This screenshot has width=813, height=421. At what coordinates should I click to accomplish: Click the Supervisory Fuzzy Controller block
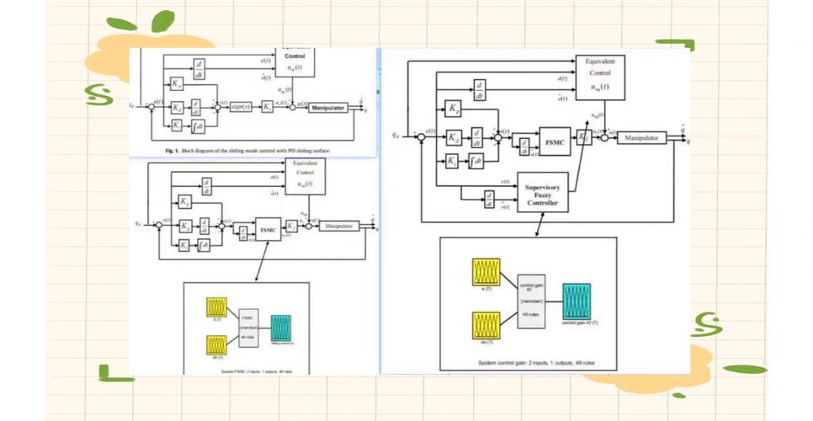click(x=542, y=193)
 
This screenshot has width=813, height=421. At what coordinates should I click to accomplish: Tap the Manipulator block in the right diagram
click(x=640, y=137)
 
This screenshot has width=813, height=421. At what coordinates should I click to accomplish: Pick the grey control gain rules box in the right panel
click(x=531, y=299)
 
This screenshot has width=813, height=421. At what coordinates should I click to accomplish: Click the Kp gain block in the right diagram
click(x=453, y=109)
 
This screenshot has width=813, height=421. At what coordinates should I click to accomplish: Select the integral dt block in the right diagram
click(x=476, y=160)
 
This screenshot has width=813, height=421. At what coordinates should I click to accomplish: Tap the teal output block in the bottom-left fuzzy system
click(x=280, y=328)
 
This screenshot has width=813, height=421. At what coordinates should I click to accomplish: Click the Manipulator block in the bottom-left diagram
click(x=338, y=226)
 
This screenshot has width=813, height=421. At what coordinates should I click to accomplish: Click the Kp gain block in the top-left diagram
click(x=177, y=84)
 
